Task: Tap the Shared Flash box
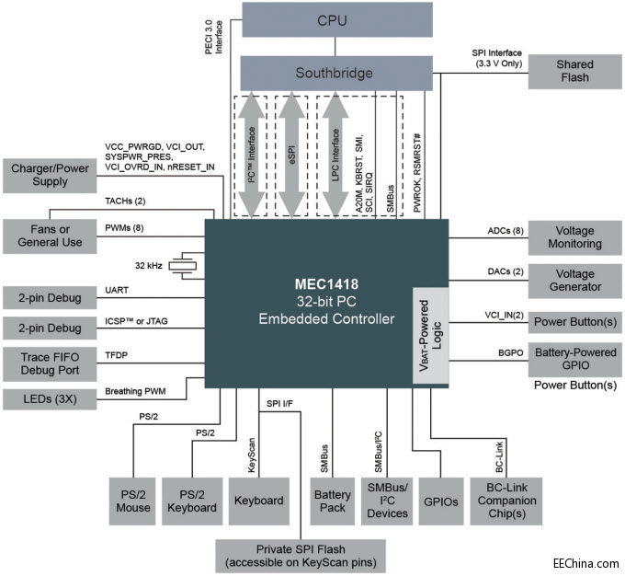[x=574, y=72]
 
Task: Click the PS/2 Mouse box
[x=132, y=501]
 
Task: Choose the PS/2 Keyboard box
[x=191, y=501]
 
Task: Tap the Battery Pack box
[x=333, y=501]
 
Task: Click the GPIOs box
[x=438, y=501]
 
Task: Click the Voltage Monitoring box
[x=574, y=237]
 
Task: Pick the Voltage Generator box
[x=574, y=280]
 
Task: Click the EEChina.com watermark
[x=584, y=562]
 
